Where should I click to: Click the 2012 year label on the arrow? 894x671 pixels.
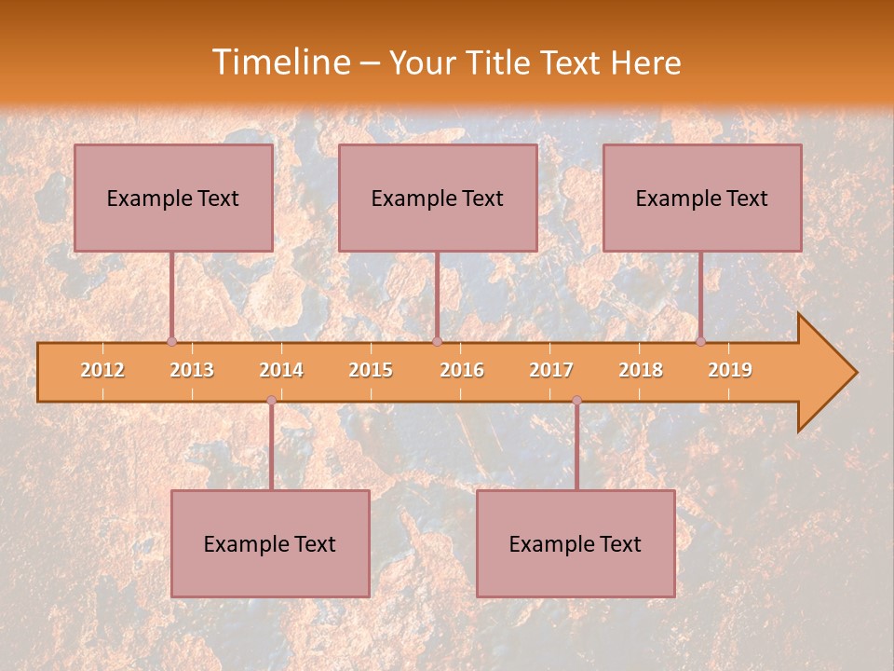(x=102, y=370)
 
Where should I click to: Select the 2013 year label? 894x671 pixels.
(x=192, y=370)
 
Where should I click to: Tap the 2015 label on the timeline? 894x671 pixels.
(x=371, y=370)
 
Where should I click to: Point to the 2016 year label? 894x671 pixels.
(x=462, y=370)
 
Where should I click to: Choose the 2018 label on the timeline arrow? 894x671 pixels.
(x=641, y=370)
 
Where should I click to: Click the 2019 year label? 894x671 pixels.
(x=730, y=370)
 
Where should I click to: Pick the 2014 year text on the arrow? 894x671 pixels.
(x=281, y=370)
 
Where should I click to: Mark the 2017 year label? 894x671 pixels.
(x=551, y=370)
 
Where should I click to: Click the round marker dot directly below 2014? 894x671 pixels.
(x=271, y=400)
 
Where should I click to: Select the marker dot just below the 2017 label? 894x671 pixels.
(x=576, y=400)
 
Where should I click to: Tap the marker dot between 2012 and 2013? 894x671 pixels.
(x=171, y=341)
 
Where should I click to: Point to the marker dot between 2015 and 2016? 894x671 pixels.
(x=437, y=341)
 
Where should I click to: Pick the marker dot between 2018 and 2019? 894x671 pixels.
(x=700, y=341)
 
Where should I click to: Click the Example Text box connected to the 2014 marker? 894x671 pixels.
(x=270, y=543)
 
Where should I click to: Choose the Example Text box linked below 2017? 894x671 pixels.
(x=576, y=543)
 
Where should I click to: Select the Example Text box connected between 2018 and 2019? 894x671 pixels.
(x=702, y=198)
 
